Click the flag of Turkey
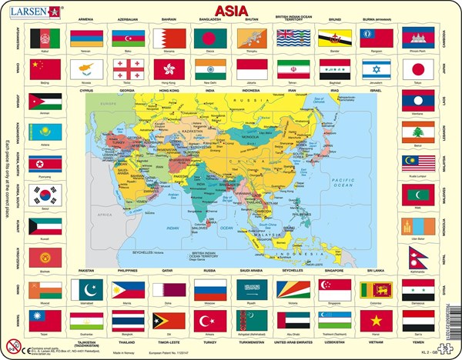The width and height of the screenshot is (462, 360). (x=209, y=319)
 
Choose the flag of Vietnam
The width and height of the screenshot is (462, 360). (x=376, y=319)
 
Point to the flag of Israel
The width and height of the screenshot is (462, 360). (x=376, y=68)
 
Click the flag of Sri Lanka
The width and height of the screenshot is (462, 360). (x=376, y=289)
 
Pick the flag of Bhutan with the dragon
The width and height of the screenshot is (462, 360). (x=251, y=38)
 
